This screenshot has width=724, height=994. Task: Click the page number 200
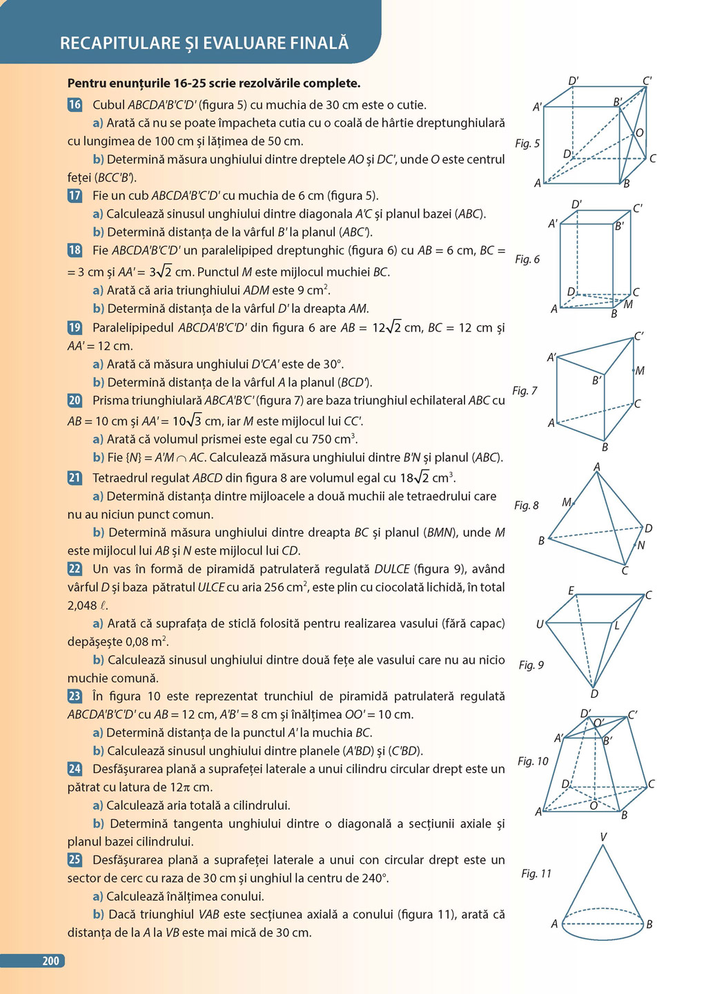(x=50, y=961)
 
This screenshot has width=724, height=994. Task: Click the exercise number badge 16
(x=75, y=105)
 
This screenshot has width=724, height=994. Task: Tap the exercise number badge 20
(x=75, y=400)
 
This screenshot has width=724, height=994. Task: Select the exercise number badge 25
(x=75, y=859)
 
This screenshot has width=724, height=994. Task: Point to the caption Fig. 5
(x=527, y=143)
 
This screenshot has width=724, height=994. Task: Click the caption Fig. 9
(x=531, y=665)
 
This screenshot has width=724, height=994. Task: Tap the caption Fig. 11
(x=536, y=873)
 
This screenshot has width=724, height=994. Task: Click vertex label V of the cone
(x=603, y=837)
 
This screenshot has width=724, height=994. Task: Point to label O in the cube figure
(x=639, y=133)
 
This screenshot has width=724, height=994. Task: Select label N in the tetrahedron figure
(x=640, y=546)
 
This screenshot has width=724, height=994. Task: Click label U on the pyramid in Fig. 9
(x=540, y=624)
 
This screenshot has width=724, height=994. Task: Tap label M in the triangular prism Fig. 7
(x=639, y=370)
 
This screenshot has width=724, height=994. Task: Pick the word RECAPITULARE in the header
(x=119, y=43)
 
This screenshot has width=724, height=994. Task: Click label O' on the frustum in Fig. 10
(x=598, y=723)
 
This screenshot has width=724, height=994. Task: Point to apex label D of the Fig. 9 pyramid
(x=594, y=694)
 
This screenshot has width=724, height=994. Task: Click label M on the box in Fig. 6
(x=628, y=305)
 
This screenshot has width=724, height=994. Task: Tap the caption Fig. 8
(x=527, y=505)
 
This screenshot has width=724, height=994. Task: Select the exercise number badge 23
(x=75, y=696)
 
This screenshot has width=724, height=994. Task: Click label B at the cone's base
(x=649, y=924)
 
